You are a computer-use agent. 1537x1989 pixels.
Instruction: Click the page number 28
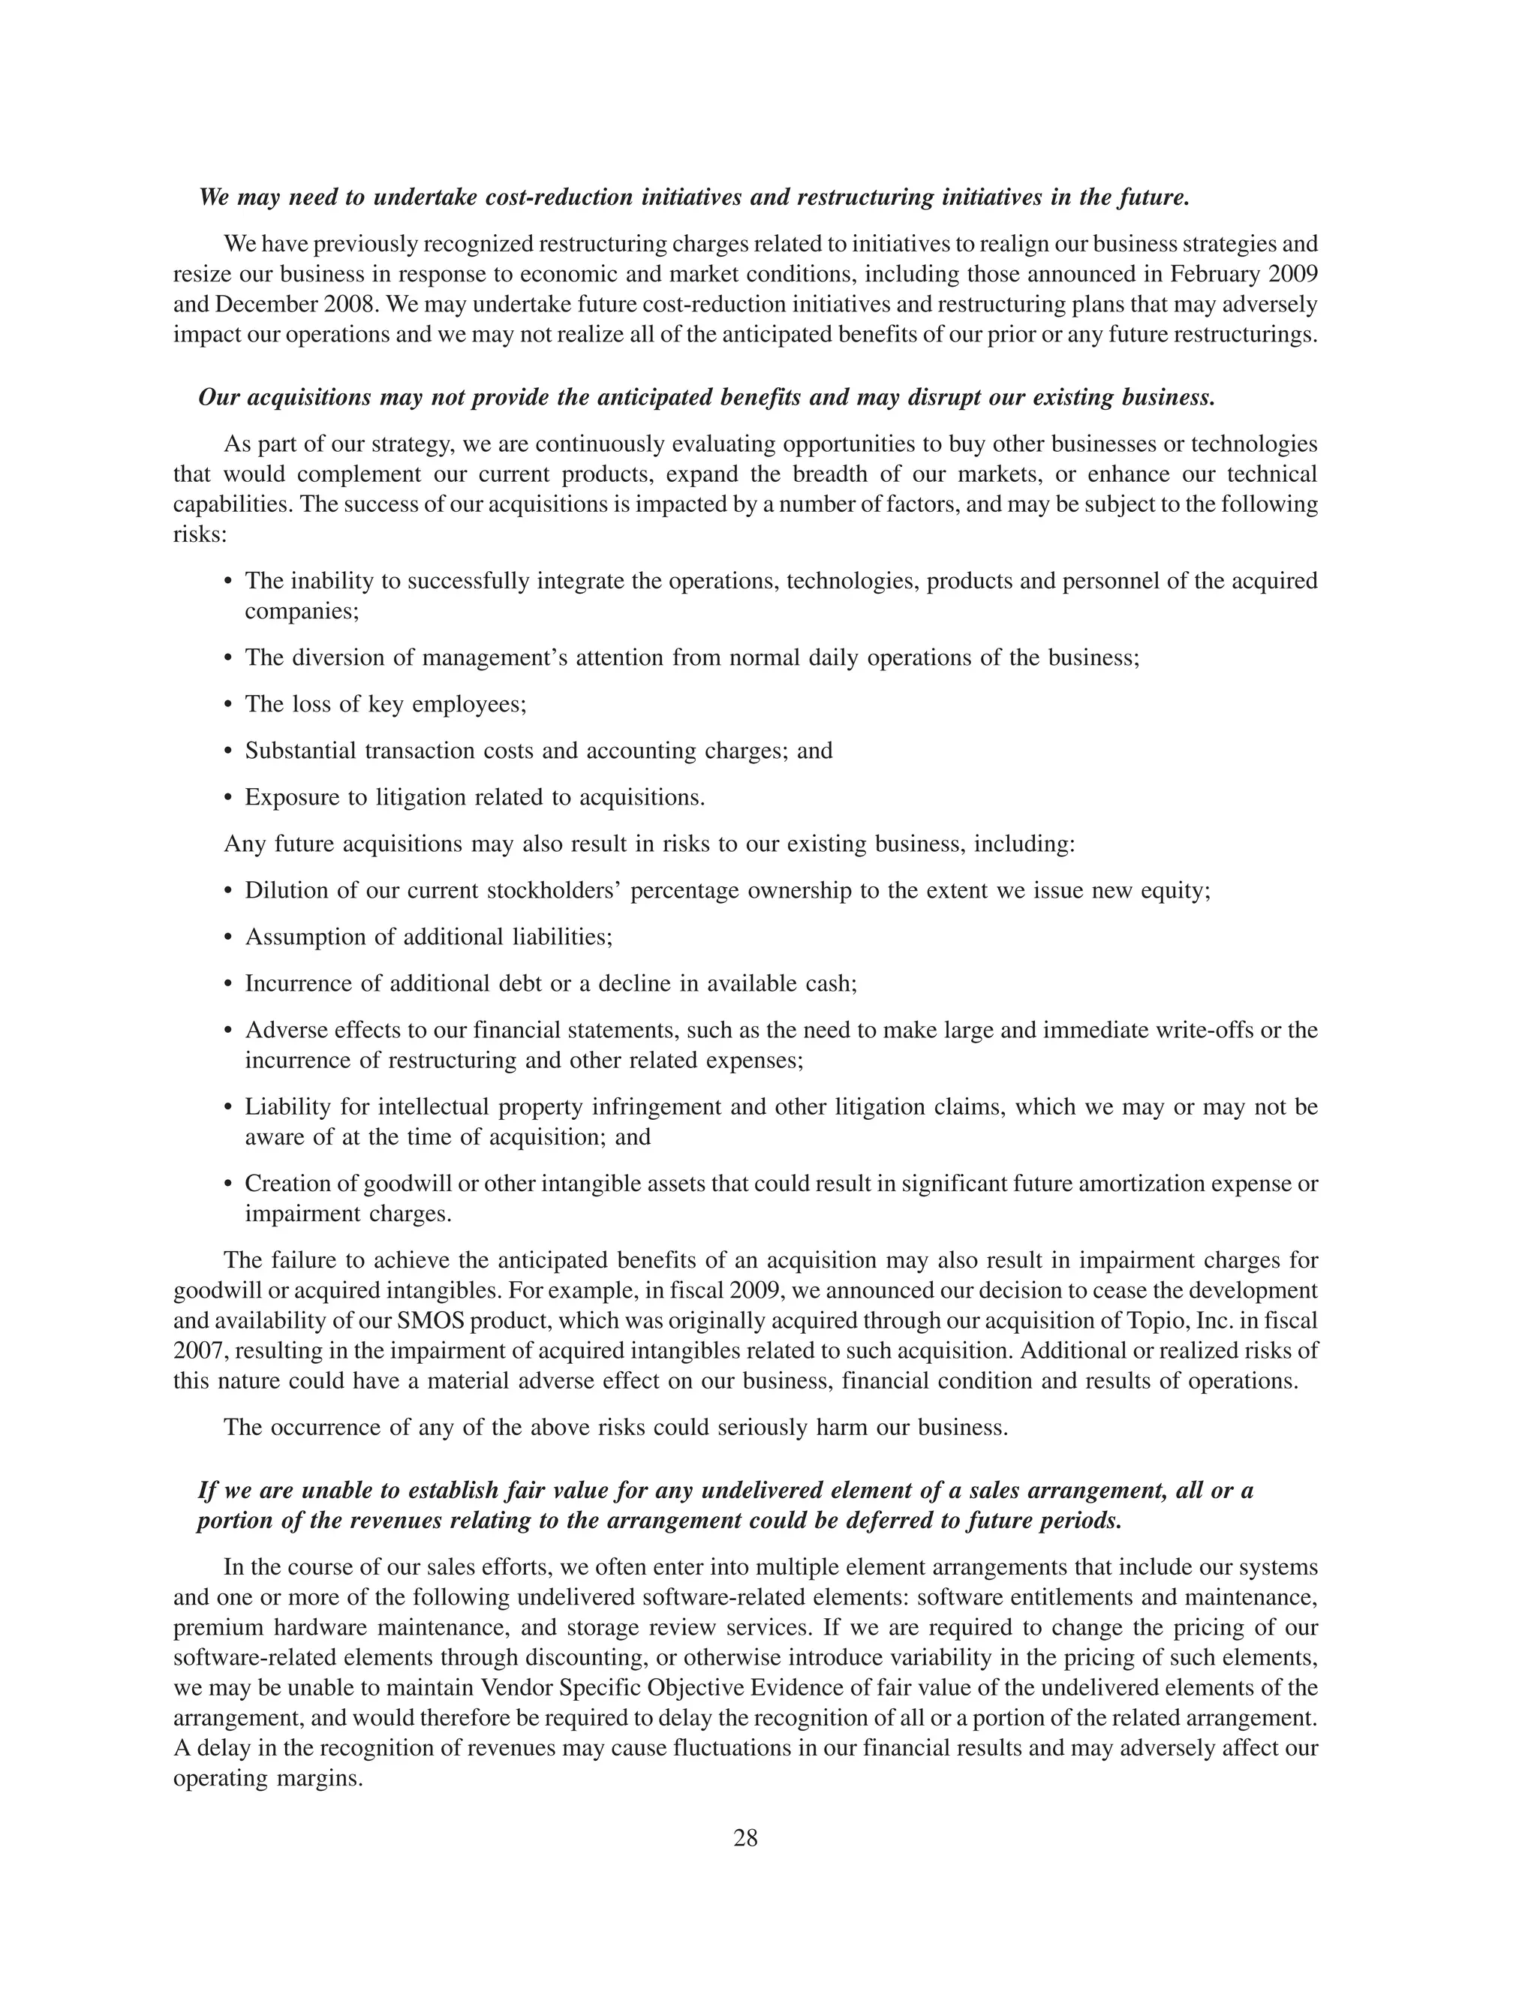[744, 1839]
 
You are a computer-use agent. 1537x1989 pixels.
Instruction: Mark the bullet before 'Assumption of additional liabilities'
[229, 937]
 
